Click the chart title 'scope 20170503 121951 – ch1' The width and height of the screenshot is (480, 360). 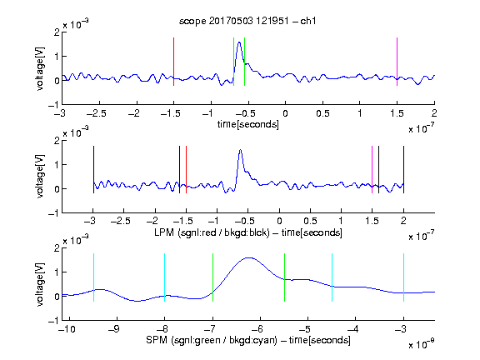247,21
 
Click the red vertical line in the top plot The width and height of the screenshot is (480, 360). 173,62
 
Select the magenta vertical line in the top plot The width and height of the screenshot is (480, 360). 397,62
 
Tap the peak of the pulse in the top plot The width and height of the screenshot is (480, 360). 239,42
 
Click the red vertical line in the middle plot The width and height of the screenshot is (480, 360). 186,170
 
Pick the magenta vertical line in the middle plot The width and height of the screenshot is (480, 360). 372,170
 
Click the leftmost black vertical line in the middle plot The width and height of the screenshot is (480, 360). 93,170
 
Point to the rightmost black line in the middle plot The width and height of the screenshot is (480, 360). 403,170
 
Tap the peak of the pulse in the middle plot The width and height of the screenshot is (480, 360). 241,150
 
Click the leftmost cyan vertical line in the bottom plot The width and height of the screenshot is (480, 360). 93,277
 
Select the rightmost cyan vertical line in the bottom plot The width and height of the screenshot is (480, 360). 403,277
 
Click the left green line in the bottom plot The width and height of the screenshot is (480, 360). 212,277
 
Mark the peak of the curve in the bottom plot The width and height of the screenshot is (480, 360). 249,257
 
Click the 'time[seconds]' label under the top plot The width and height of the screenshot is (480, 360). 248,124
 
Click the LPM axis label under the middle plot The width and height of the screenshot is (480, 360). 248,232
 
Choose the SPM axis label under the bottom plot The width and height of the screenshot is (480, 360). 248,340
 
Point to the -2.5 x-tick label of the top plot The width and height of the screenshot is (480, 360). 97,113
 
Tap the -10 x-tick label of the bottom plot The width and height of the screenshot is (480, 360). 67,329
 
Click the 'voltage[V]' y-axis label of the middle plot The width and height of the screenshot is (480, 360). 40,177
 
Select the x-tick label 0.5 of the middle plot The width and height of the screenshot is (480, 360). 310,221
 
